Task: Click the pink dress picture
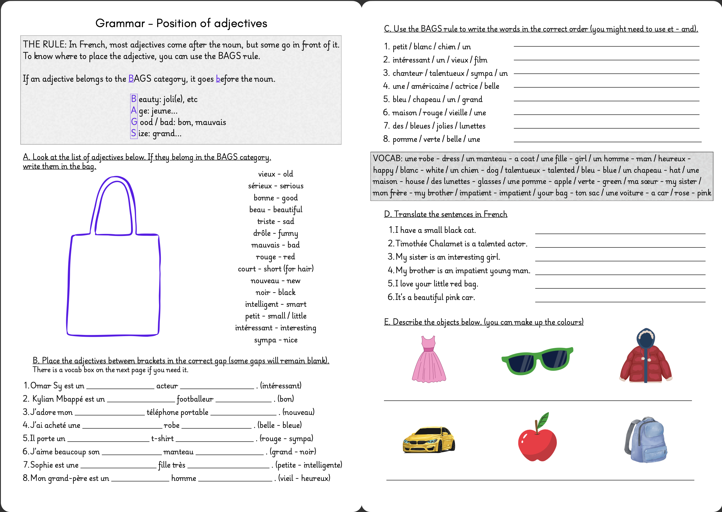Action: click(x=429, y=359)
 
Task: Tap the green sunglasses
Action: click(x=537, y=360)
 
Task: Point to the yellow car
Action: click(x=429, y=440)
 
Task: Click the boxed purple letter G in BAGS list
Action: click(x=134, y=122)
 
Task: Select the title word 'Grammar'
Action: click(x=120, y=23)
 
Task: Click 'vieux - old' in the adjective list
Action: click(x=275, y=174)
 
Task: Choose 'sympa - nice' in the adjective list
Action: click(x=275, y=340)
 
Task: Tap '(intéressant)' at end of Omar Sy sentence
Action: click(x=281, y=386)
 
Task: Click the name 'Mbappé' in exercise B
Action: click(x=71, y=399)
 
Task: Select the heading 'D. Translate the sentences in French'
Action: click(x=445, y=214)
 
